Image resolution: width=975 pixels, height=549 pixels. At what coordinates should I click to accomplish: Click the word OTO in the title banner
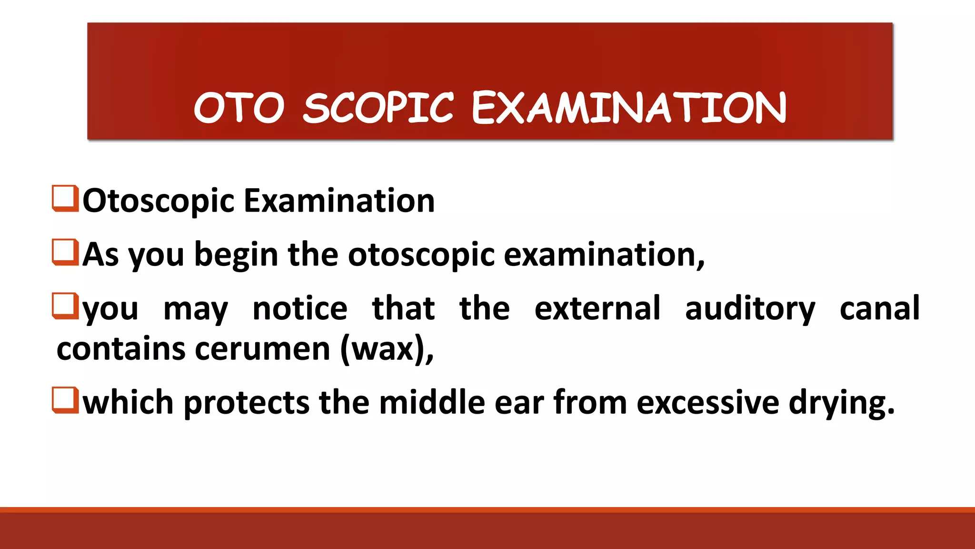click(x=239, y=108)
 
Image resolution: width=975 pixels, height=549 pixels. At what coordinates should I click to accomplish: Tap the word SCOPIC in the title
click(x=378, y=108)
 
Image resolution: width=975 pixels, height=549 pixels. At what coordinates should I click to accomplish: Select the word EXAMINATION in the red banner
click(x=629, y=108)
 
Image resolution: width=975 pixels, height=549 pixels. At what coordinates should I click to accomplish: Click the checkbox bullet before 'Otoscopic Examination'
click(x=65, y=198)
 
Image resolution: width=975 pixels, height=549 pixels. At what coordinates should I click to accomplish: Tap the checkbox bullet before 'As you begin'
click(x=65, y=252)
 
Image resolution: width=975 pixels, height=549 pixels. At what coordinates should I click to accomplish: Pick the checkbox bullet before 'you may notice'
click(x=65, y=306)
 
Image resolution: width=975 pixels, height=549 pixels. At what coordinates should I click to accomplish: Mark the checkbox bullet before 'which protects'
click(x=65, y=400)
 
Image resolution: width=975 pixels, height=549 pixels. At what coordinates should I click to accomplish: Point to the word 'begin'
click(x=236, y=255)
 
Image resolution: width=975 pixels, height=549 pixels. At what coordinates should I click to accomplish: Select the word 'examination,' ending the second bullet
click(x=604, y=255)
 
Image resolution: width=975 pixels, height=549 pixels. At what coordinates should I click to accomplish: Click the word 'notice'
click(x=300, y=309)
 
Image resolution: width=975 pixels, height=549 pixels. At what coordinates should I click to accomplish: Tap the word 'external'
click(x=597, y=309)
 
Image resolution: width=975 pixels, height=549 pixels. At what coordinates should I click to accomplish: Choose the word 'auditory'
click(x=750, y=309)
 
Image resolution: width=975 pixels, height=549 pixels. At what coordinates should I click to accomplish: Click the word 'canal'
click(x=879, y=309)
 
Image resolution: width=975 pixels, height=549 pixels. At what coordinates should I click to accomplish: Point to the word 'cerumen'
click(x=263, y=349)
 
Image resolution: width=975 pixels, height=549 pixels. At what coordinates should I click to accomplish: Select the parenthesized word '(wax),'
click(x=387, y=349)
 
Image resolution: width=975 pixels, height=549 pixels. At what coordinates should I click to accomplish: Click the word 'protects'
click(x=247, y=403)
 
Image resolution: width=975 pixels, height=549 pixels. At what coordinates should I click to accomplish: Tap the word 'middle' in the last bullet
click(x=432, y=403)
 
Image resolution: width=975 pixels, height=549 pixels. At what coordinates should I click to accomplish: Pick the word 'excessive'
click(x=708, y=403)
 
